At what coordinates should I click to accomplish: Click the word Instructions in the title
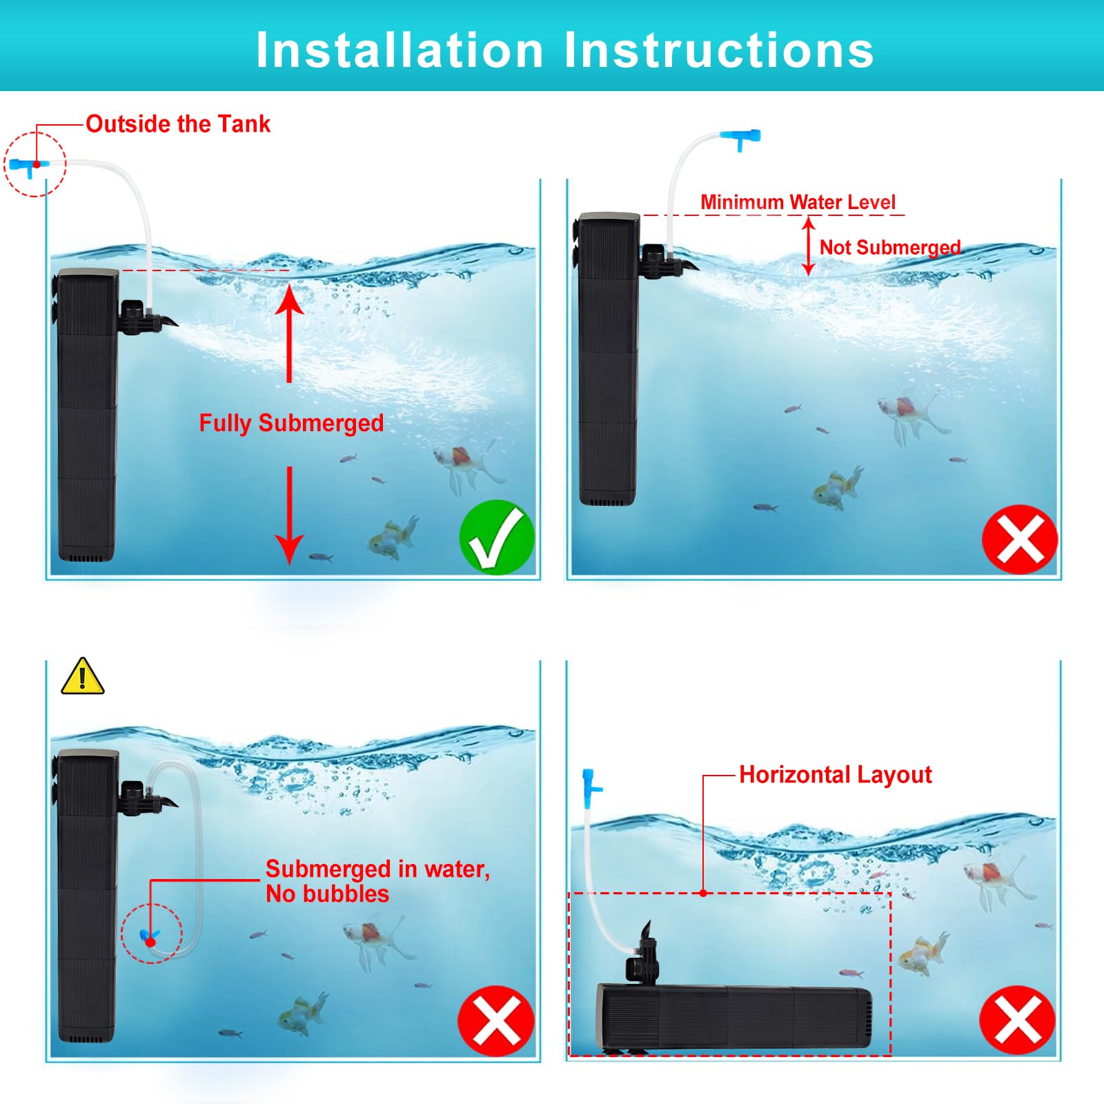719,50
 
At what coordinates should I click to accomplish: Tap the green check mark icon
497,538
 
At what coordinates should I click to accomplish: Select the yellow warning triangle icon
83,678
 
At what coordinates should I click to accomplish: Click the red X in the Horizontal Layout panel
1017,1020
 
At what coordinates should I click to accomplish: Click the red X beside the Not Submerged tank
1019,539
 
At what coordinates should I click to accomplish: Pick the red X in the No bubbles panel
495,1021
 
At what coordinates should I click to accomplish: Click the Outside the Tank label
178,124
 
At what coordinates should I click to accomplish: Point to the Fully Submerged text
291,423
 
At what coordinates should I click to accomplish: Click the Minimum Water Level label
798,202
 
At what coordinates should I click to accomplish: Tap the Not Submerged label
889,247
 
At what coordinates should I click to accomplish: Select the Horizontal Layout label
835,775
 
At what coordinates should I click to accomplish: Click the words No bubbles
327,894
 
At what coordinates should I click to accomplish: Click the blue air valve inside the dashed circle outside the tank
29,166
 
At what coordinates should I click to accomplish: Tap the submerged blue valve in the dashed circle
150,937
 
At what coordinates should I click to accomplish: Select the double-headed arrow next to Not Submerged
809,246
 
